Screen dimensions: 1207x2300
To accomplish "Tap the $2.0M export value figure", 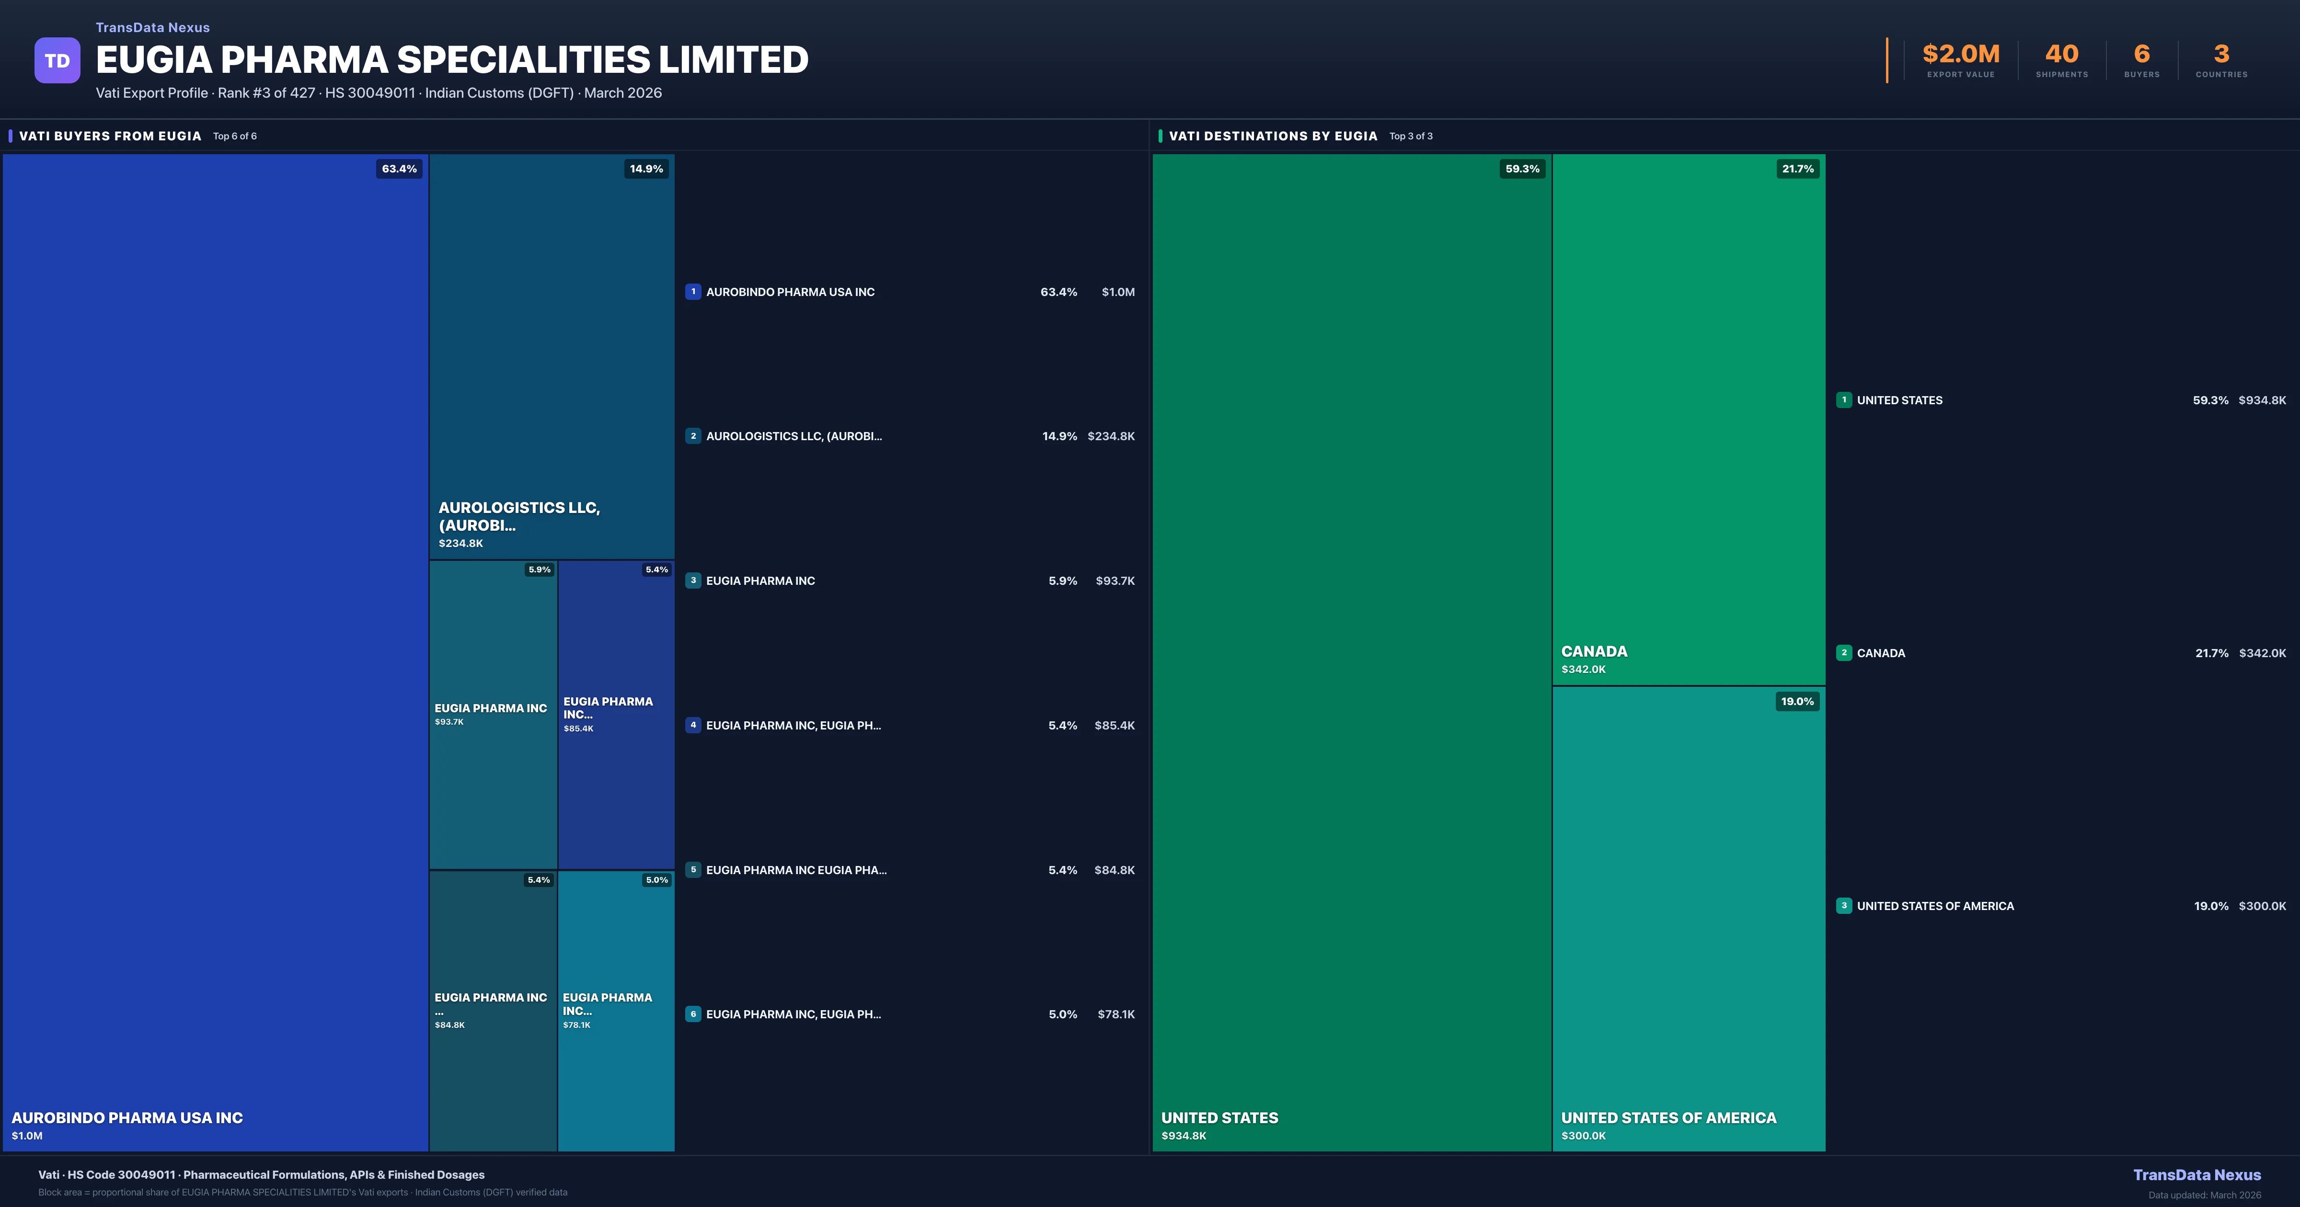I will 1961,55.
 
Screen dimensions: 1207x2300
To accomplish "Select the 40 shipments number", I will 2061,55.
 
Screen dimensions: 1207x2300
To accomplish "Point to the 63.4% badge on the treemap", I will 399,169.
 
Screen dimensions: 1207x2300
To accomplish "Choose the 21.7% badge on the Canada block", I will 1797,169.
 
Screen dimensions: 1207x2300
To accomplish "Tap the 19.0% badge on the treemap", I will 1797,702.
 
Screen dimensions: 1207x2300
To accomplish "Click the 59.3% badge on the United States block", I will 1522,169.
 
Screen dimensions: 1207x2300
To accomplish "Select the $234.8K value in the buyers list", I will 1111,436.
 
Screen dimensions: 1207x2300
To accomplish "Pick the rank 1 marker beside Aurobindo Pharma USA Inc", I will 693,292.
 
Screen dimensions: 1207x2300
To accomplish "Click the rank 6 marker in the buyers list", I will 693,1014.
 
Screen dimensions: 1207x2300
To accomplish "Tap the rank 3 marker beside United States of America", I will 1844,906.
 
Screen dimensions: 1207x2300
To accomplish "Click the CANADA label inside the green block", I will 1594,652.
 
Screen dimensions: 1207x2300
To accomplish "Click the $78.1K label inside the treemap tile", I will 577,1025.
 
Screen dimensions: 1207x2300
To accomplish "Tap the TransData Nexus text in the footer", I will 2196,1175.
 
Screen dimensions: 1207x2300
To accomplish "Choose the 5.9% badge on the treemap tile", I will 539,569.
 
